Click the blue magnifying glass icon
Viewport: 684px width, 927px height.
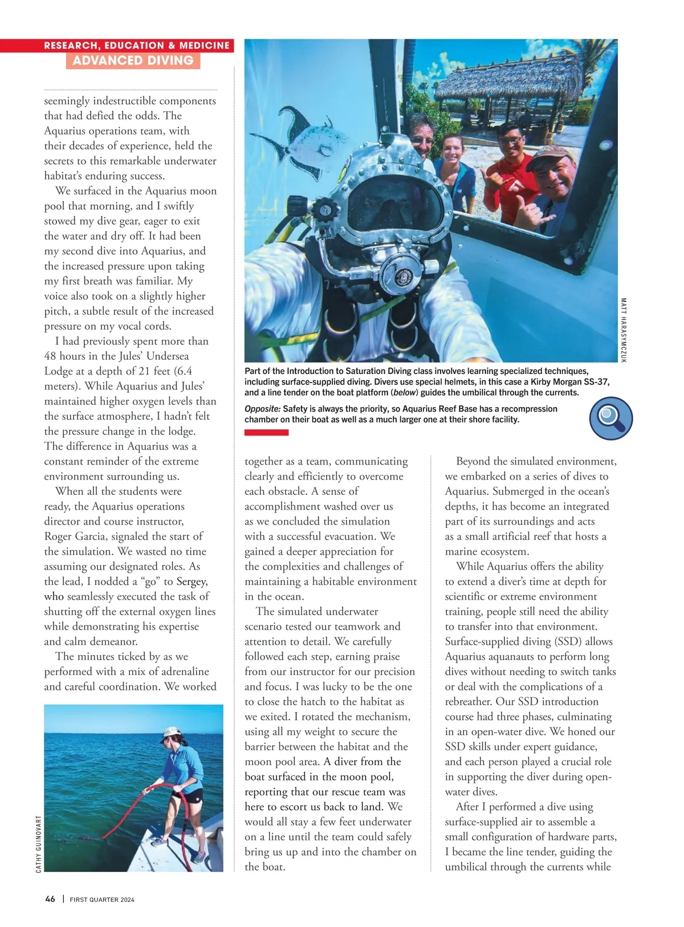(610, 418)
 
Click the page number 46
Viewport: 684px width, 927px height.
(50, 899)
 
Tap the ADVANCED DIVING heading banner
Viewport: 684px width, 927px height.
(133, 60)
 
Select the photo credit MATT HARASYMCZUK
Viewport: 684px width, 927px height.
(623, 330)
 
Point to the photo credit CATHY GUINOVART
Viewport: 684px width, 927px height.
(39, 844)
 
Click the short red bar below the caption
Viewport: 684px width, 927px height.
(266, 433)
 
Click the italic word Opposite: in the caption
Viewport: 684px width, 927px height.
(262, 409)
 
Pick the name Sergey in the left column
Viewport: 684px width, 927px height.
(192, 582)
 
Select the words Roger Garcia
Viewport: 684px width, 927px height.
(76, 536)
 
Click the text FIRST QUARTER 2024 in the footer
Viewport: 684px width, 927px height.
(102, 900)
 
